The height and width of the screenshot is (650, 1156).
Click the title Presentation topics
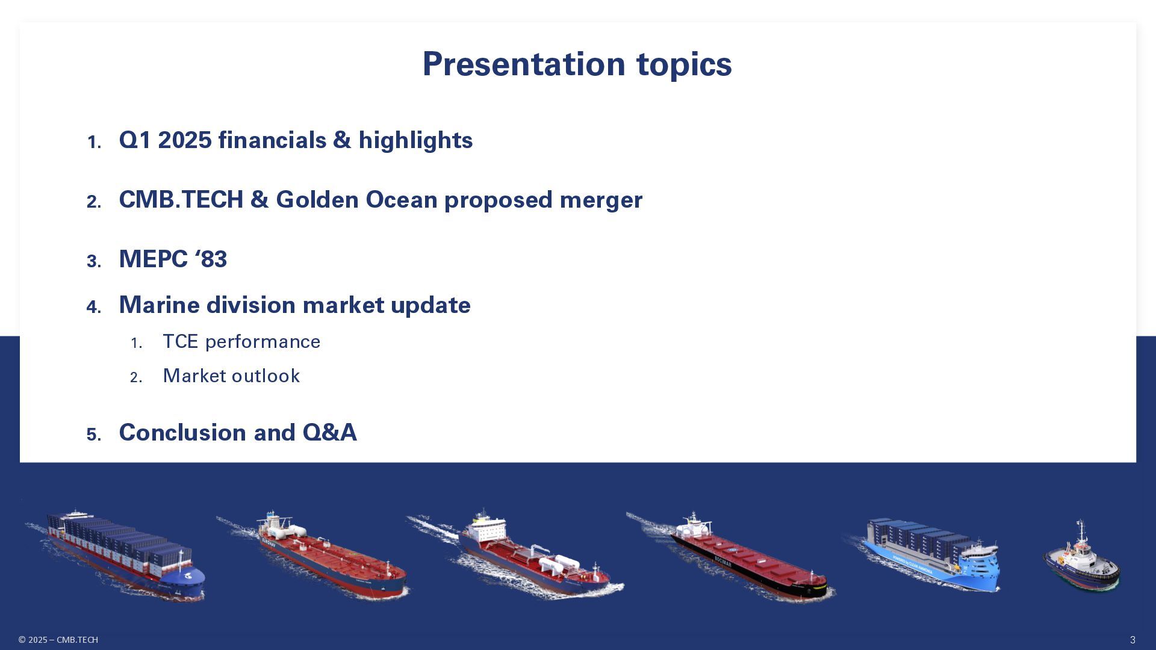click(x=577, y=64)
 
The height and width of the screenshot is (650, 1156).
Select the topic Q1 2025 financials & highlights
click(x=296, y=140)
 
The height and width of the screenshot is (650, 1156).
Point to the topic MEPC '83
click(x=173, y=259)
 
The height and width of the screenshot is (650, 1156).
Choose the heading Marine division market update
click(x=294, y=305)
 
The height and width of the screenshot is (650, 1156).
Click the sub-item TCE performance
click(x=241, y=342)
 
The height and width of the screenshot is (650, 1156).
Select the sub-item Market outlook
click(x=231, y=376)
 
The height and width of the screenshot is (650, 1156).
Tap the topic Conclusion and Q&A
click(x=238, y=433)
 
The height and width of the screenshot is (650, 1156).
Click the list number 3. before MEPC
click(x=94, y=261)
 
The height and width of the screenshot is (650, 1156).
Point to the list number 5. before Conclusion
click(x=94, y=435)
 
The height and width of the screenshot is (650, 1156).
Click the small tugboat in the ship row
click(x=1081, y=557)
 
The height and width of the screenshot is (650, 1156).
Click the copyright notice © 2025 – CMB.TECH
click(x=58, y=640)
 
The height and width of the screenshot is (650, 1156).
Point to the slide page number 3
click(x=1133, y=640)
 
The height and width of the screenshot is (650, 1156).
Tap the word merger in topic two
click(x=601, y=200)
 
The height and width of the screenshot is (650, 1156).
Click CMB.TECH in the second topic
click(x=181, y=200)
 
